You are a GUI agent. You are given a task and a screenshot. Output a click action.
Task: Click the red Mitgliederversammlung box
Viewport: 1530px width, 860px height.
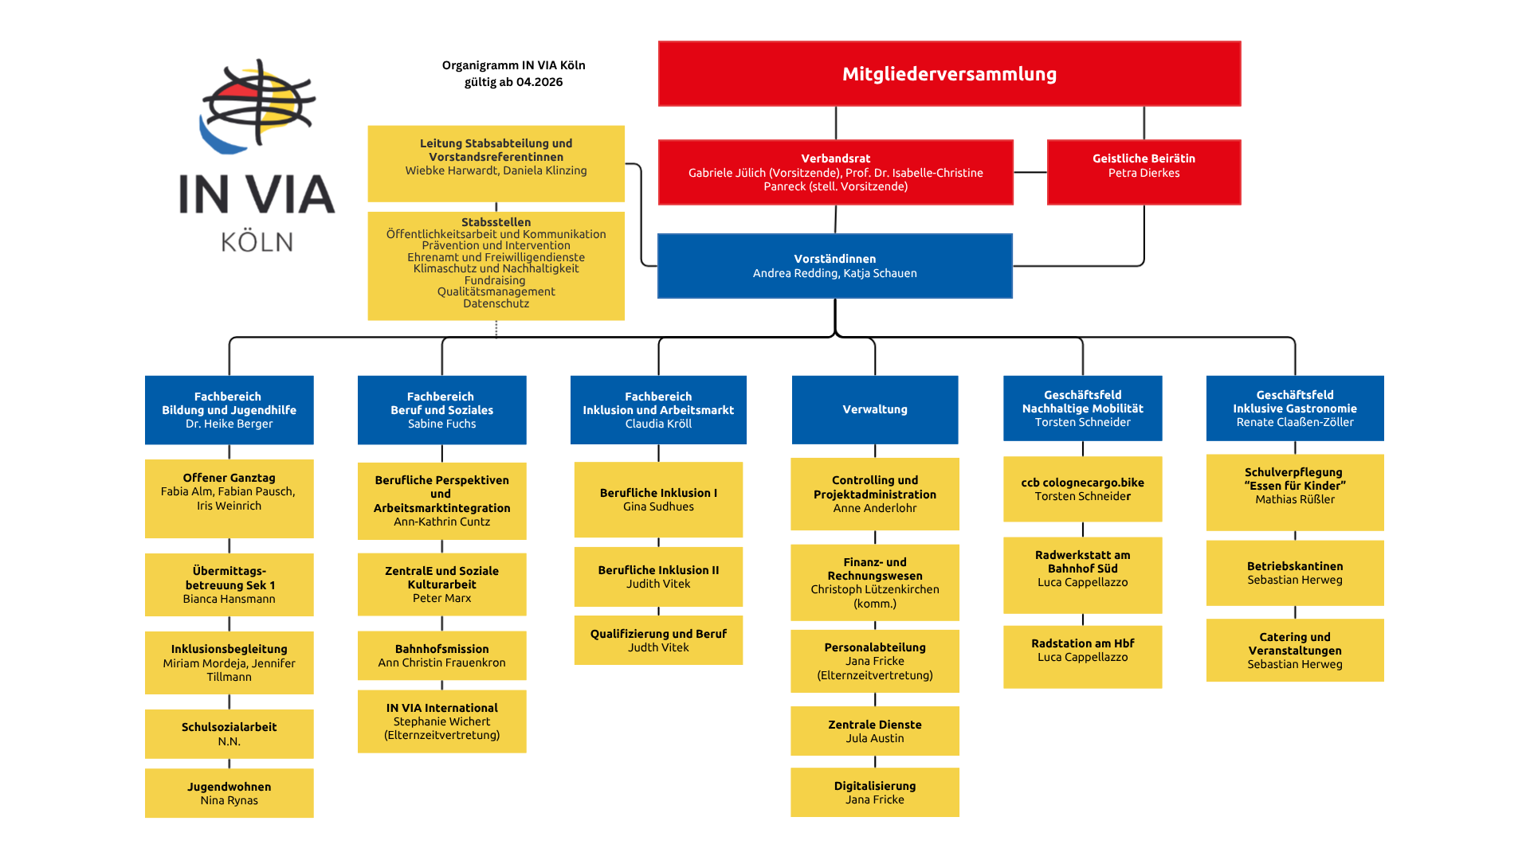[x=949, y=73]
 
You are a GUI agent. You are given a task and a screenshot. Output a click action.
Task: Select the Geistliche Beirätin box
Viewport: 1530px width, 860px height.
[x=1144, y=172]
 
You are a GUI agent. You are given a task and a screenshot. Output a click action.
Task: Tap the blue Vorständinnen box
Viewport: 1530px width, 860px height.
[x=834, y=266]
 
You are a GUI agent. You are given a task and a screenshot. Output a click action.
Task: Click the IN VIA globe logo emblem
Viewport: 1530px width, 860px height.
[x=257, y=107]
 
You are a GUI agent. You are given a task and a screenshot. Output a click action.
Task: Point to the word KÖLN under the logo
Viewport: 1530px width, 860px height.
[x=257, y=242]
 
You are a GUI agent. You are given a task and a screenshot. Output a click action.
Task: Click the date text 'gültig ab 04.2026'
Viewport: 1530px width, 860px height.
[x=513, y=82]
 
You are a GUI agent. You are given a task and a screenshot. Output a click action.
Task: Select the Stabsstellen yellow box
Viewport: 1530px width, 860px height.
[x=496, y=265]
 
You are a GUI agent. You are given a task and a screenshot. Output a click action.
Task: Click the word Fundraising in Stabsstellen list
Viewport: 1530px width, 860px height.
[x=495, y=280]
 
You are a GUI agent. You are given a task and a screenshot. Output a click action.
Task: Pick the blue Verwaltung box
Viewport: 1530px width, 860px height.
[x=874, y=409]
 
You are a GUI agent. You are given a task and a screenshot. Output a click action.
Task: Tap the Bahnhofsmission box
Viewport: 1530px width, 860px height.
[x=441, y=655]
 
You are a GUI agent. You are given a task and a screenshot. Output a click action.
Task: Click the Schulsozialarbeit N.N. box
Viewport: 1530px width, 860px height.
[x=229, y=733]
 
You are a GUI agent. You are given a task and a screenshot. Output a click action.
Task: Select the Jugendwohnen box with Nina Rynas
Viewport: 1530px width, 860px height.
[x=229, y=793]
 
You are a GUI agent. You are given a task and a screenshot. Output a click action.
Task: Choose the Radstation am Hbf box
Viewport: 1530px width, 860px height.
[x=1082, y=656]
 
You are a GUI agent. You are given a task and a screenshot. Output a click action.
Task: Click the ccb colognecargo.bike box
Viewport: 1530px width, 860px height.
[x=1082, y=489]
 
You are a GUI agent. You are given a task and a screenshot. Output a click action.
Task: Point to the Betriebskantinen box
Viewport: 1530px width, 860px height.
[x=1294, y=573]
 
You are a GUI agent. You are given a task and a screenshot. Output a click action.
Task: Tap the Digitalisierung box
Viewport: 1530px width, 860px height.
[x=874, y=792]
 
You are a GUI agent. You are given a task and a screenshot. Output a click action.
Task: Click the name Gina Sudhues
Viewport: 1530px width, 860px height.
[x=658, y=507]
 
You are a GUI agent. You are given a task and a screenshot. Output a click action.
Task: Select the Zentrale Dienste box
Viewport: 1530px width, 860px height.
[x=874, y=731]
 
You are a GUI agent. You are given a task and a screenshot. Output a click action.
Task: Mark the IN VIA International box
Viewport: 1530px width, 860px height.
[x=441, y=721]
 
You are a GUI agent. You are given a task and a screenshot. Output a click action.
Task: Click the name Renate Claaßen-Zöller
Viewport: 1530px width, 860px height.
[x=1294, y=423]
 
